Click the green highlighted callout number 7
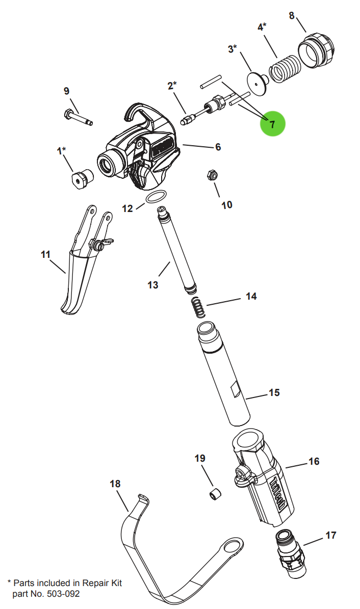pos(272,124)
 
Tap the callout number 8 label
pos(292,16)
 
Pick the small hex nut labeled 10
pos(211,175)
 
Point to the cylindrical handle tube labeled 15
pos(224,375)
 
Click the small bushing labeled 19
pos(215,494)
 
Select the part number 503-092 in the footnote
pos(63,594)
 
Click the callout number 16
pos(314,462)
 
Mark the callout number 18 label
pos(115,483)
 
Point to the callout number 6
pos(218,147)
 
